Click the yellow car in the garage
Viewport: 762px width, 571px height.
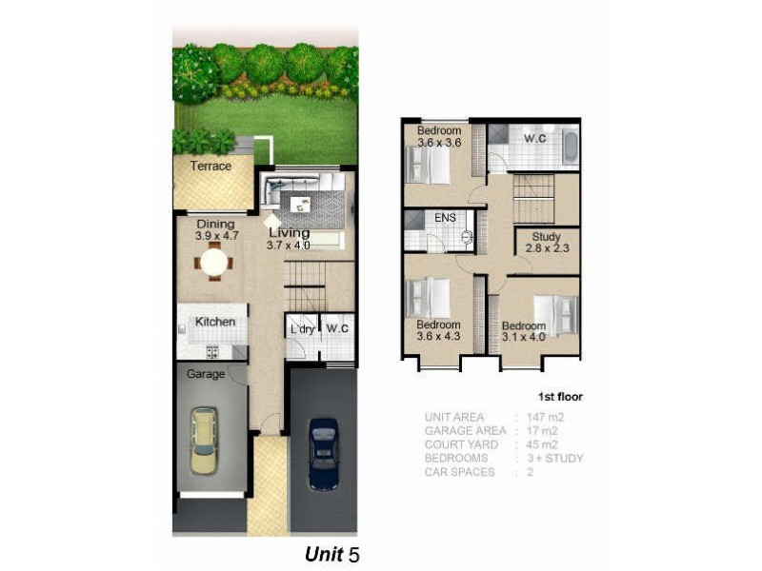click(204, 441)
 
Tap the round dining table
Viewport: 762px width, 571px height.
click(215, 261)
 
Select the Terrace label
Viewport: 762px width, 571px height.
click(211, 167)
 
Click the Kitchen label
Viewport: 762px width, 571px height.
click(215, 322)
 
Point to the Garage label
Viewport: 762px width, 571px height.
click(206, 374)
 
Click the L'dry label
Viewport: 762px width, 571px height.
click(302, 330)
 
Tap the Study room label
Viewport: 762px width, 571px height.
click(547, 237)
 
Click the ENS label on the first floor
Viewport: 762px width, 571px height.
click(445, 218)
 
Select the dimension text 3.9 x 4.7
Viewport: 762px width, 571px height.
click(215, 236)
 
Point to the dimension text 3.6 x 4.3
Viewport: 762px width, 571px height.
click(437, 337)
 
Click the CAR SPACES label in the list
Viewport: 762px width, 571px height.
click(461, 472)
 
